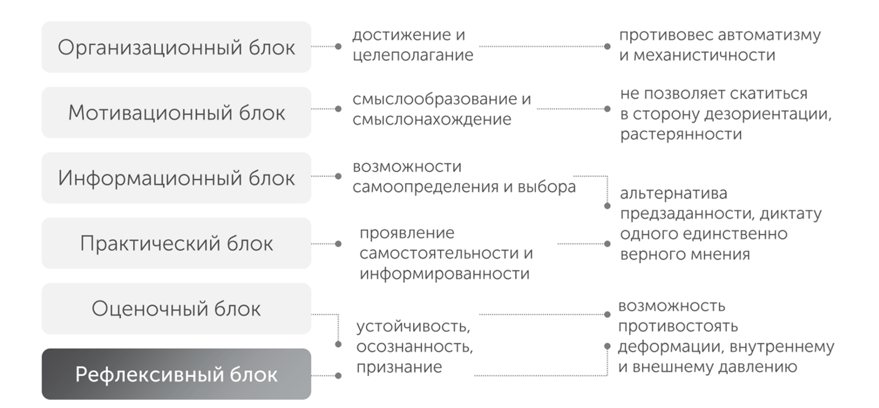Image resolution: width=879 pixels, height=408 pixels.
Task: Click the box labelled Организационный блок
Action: point(176,47)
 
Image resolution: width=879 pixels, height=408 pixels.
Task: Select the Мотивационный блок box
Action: point(176,112)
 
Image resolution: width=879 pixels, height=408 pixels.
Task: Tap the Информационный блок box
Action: point(176,178)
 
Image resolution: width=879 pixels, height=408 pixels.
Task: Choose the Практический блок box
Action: point(176,243)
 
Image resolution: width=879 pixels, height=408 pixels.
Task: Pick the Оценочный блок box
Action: point(176,308)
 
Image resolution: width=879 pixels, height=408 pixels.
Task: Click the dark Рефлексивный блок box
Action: point(176,374)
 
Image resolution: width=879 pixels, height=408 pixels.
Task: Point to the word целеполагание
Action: point(413,55)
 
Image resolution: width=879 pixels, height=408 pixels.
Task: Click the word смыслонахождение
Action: point(432,119)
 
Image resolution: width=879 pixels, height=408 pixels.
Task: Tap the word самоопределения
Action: point(425,187)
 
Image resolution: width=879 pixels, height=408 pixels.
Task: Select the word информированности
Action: point(444,273)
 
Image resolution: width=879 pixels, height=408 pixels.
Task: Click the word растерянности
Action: point(681,135)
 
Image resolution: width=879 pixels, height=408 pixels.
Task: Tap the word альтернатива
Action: point(674,194)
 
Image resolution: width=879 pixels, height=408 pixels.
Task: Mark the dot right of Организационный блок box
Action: point(338,46)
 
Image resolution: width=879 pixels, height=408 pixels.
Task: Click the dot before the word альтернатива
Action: point(608,206)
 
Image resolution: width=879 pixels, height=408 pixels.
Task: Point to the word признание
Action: point(399,367)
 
